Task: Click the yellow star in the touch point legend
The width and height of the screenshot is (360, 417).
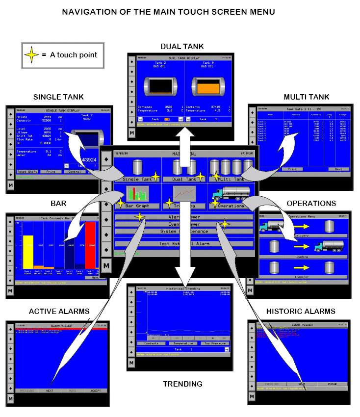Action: click(x=32, y=55)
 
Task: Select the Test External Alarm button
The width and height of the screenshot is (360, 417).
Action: click(x=184, y=243)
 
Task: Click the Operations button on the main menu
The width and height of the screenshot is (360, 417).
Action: click(x=231, y=206)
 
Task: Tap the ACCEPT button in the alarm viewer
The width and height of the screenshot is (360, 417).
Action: click(x=95, y=391)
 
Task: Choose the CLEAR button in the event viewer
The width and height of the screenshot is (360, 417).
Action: click(x=332, y=384)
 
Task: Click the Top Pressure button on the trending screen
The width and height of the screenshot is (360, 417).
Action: click(x=212, y=343)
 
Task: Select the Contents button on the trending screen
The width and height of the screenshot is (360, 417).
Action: click(x=151, y=343)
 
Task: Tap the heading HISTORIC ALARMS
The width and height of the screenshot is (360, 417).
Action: click(x=301, y=311)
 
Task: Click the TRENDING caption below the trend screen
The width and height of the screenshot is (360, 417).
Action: click(x=182, y=384)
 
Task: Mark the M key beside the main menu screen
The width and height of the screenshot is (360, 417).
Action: click(x=106, y=265)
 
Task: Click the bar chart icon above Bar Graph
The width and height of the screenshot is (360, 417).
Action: click(x=137, y=193)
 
